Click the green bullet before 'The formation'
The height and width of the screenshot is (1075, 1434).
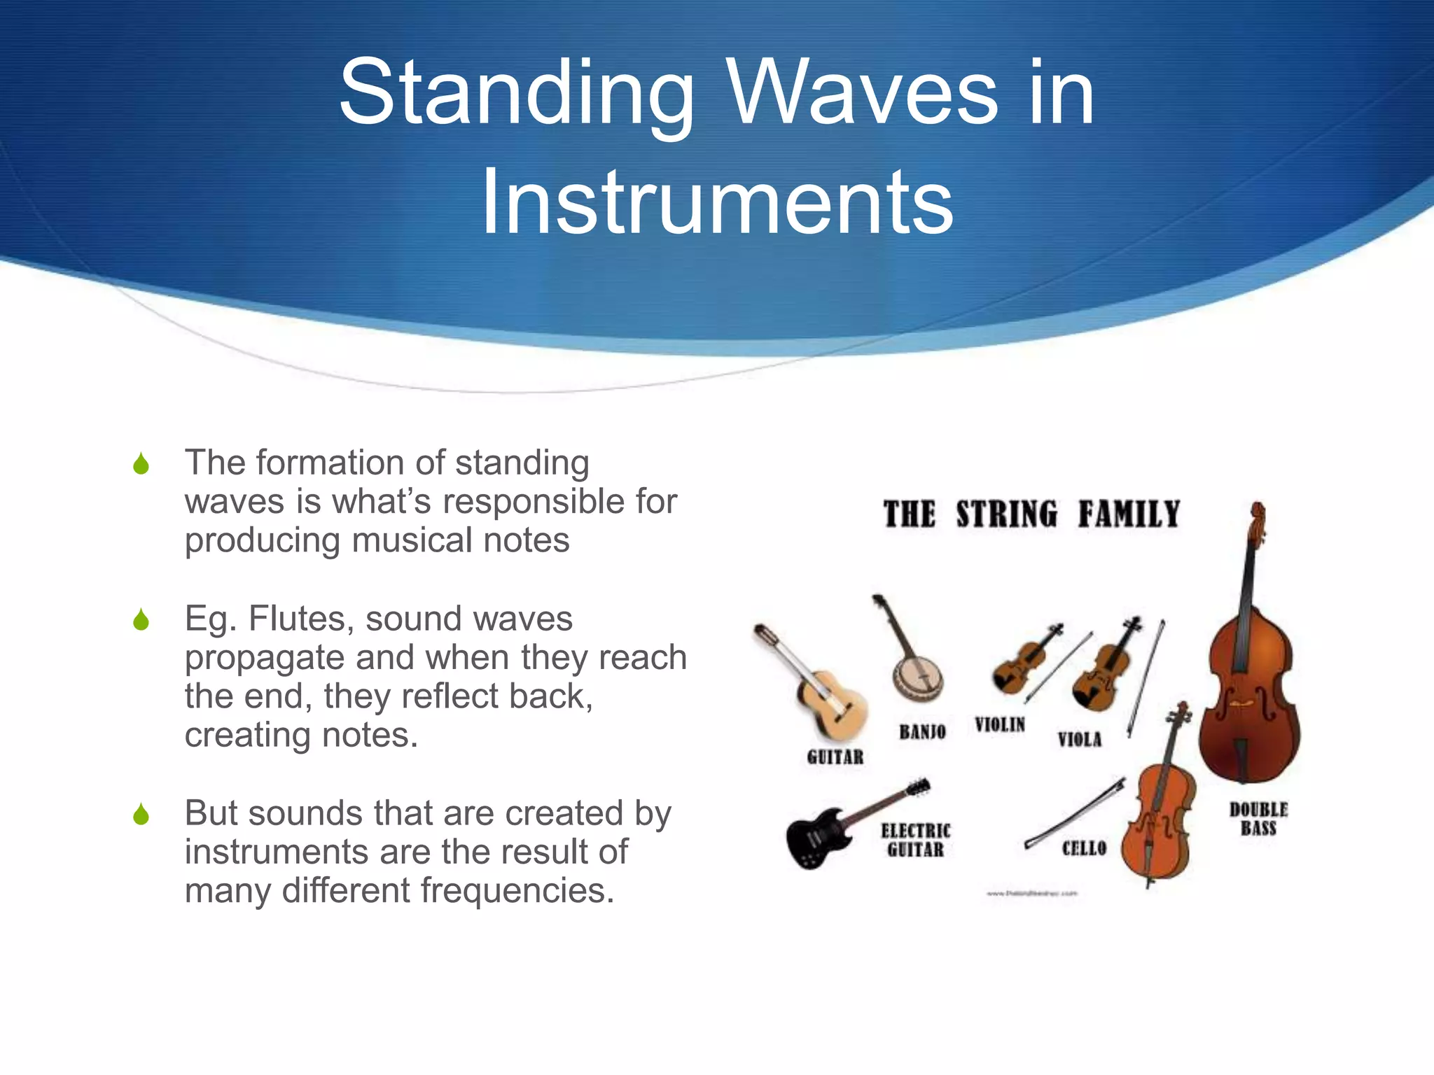141,464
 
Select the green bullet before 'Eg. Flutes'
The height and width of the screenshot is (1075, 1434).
141,620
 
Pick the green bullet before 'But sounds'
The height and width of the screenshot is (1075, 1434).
141,815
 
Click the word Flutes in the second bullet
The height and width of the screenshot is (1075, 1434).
300,619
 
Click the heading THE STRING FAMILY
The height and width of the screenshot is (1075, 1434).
1031,514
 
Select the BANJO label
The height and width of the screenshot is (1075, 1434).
922,732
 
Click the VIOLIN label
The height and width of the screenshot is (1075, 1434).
1000,724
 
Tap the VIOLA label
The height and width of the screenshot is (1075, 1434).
1079,739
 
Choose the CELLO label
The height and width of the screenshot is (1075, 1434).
1084,848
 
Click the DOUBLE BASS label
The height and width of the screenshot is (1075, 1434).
1258,819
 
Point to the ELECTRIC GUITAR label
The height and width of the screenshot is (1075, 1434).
915,840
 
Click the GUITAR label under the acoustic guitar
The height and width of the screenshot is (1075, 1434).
835,757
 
